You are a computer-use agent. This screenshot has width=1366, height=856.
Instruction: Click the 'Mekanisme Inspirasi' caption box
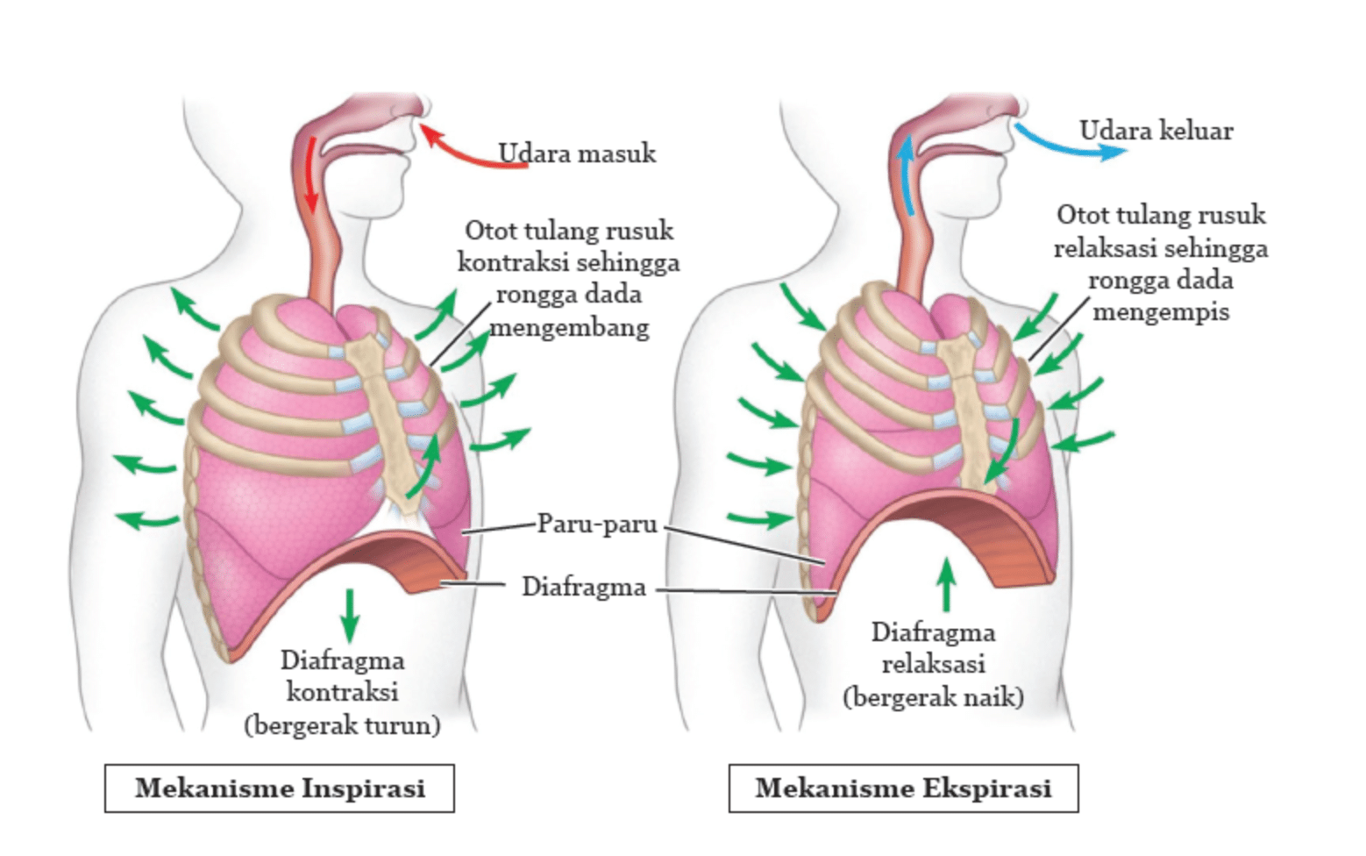click(x=280, y=788)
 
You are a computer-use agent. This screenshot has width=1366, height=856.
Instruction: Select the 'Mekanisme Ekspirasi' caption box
click(x=904, y=788)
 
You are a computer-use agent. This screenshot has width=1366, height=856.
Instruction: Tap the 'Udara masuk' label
click(x=577, y=153)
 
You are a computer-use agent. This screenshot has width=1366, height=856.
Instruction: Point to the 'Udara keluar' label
click(x=1156, y=131)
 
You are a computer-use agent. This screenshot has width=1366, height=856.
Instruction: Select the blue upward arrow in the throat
click(x=907, y=175)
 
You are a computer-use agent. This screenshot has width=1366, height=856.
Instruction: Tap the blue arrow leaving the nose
click(x=1064, y=146)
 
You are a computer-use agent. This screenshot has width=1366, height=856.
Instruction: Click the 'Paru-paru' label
click(x=597, y=524)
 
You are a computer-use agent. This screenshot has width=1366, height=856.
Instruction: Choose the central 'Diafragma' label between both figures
click(x=584, y=587)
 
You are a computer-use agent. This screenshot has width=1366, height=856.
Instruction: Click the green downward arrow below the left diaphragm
click(x=350, y=616)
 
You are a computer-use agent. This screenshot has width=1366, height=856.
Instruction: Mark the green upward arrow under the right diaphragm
click(x=946, y=584)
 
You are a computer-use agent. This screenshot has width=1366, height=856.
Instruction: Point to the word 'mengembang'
click(x=570, y=328)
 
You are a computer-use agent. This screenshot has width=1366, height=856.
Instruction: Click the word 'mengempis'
click(x=1161, y=311)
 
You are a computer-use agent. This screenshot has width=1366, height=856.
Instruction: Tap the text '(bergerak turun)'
click(x=342, y=725)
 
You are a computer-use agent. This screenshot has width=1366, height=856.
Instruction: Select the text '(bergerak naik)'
click(x=933, y=696)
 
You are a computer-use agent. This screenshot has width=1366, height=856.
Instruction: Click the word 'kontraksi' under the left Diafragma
click(x=343, y=693)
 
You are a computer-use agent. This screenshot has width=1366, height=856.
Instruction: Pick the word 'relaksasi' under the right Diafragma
click(x=934, y=664)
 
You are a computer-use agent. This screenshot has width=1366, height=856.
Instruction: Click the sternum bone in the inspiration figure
click(x=390, y=421)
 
